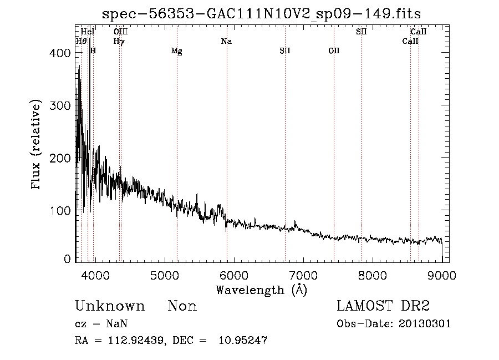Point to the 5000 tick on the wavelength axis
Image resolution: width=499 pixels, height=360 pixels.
(164, 274)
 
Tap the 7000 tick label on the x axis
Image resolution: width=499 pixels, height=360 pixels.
(303, 274)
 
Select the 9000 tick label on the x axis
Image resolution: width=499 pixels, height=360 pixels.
(442, 274)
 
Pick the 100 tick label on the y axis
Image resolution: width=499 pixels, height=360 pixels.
(63, 211)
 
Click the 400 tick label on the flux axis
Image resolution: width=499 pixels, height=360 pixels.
(63, 53)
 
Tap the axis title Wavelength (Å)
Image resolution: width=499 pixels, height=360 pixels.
(261, 290)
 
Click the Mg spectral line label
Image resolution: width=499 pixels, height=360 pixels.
(176, 51)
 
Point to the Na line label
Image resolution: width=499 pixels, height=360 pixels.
(226, 41)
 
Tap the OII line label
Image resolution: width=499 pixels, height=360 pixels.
(334, 51)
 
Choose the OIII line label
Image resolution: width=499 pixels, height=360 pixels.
(120, 32)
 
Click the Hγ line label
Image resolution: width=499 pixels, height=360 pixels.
(119, 41)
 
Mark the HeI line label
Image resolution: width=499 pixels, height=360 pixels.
(88, 32)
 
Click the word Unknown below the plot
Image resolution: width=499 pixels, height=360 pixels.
(110, 306)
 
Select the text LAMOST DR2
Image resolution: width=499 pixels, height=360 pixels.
(383, 306)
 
